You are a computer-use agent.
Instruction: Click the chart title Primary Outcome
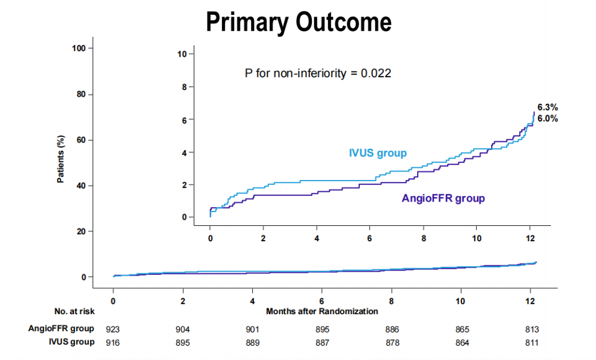299,22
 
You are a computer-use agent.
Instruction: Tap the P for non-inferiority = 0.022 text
318,73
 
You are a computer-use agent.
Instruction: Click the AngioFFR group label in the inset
443,198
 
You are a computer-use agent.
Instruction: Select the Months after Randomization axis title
322,311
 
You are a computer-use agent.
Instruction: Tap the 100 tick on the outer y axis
79,49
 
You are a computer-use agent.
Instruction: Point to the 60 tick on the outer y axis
81,140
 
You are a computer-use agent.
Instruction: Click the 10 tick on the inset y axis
182,54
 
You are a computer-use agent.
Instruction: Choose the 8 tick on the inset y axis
184,87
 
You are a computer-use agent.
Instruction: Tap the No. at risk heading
74,311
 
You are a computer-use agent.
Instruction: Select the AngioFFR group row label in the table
61,329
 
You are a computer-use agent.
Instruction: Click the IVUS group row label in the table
71,342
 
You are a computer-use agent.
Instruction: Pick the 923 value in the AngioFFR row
113,329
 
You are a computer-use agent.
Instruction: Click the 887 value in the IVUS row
322,343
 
